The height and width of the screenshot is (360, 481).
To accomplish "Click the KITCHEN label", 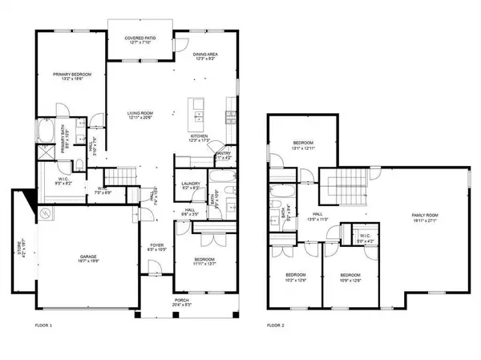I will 200,136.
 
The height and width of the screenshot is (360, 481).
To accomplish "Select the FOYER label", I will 157,246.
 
